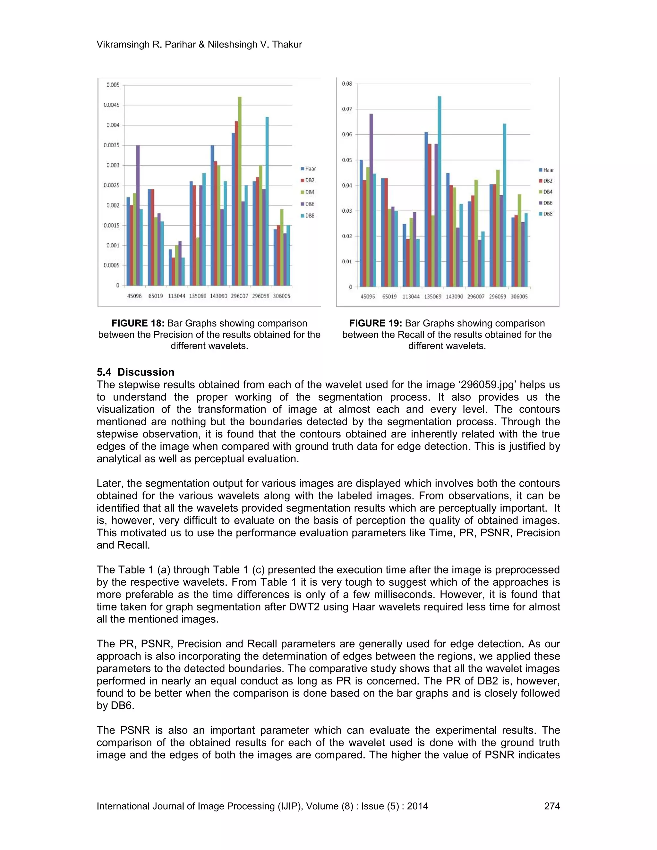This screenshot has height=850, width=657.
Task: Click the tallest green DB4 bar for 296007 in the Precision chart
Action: coord(240,191)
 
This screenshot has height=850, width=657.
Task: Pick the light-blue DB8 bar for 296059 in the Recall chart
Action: coord(504,205)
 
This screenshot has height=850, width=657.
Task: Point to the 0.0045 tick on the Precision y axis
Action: coord(111,105)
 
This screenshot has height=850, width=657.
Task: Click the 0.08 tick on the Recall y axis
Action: coord(347,84)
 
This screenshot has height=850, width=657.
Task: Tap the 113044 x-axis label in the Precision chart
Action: coord(176,296)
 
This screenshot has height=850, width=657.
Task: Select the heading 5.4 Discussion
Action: coord(135,372)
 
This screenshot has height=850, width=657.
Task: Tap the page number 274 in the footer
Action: coord(551,806)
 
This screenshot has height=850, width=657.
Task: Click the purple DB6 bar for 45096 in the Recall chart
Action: coord(371,200)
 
